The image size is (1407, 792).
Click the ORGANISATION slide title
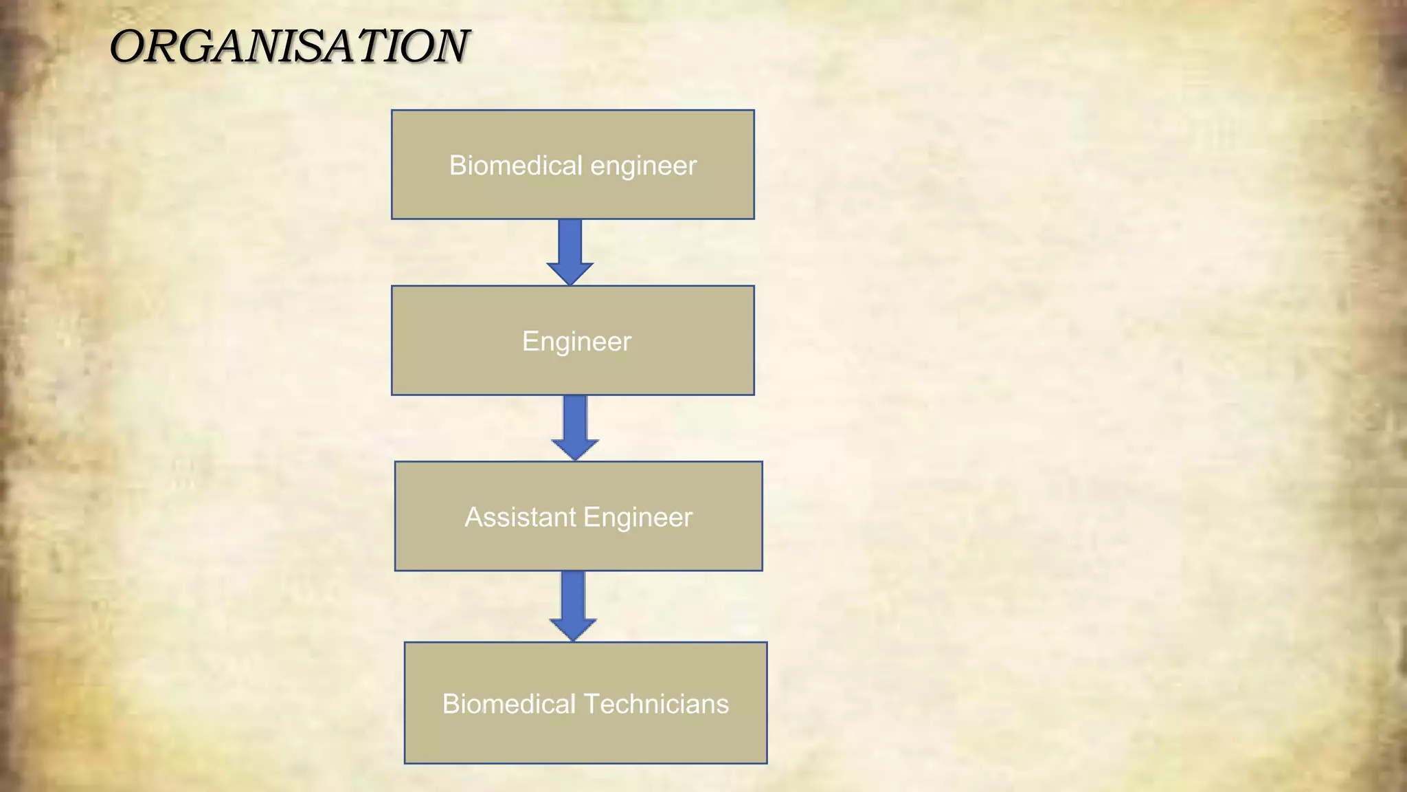coord(289,47)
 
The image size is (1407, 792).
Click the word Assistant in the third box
coord(520,517)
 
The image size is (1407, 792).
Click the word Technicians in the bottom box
coord(656,704)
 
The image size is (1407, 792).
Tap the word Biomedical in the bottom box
coord(508,704)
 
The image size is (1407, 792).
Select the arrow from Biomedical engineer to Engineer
coord(570,249)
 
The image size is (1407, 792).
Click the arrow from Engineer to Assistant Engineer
coord(575,425)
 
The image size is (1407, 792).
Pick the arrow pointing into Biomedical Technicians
coord(573,603)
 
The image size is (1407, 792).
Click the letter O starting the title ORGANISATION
coord(128,47)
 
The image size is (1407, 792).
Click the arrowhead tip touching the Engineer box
coord(570,283)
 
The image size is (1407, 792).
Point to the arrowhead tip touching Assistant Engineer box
coord(575,459)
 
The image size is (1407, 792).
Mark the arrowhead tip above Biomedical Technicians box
coord(573,639)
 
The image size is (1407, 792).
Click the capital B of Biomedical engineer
coord(456,166)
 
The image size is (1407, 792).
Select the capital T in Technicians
coord(591,704)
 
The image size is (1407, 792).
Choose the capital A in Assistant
coord(473,517)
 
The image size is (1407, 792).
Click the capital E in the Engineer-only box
coord(530,341)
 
